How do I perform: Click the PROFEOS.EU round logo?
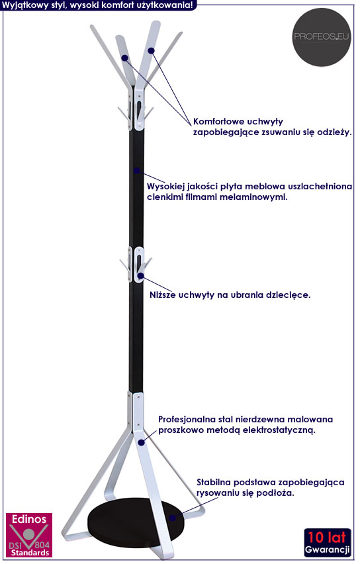coord(322,37)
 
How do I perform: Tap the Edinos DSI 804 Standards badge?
coord(29,535)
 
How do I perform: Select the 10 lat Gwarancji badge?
coord(328,542)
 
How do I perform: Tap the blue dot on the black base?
coord(173,518)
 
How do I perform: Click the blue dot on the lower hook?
coord(140,276)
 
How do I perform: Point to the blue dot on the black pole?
coord(137,171)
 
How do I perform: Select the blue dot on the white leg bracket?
coord(142,442)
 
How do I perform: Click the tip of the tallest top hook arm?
coord(157,23)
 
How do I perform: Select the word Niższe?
coord(163,295)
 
